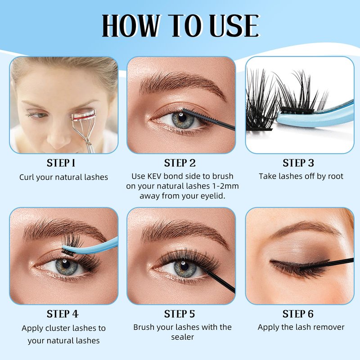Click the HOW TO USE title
pyautogui.click(x=181, y=26)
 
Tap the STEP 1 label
pyautogui.click(x=61, y=163)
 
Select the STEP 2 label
pyautogui.click(x=180, y=163)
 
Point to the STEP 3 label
pyautogui.click(x=298, y=163)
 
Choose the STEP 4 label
pyautogui.click(x=63, y=314)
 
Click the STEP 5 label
pyautogui.click(x=179, y=314)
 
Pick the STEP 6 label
pyautogui.click(x=298, y=314)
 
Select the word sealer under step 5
pyautogui.click(x=183, y=337)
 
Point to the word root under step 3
pyautogui.click(x=335, y=176)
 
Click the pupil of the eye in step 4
pyautogui.click(x=66, y=265)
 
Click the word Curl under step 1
pyautogui.click(x=27, y=177)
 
